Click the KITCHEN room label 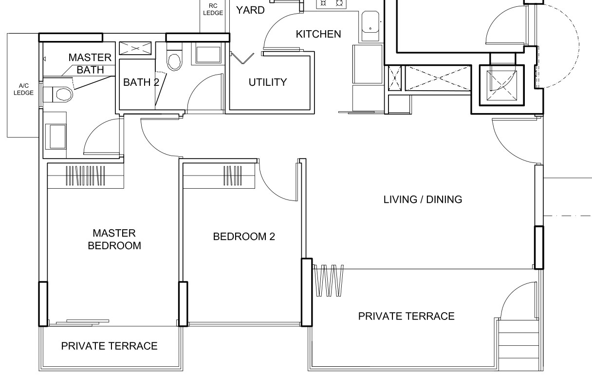318,34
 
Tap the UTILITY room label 268,82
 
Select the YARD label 250,10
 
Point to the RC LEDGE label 213,10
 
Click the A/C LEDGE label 23,89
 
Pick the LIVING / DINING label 423,199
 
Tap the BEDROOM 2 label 244,237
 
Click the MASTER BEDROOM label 114,239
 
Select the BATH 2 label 141,82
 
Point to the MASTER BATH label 90,63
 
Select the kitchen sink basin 370,26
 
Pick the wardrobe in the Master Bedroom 86,176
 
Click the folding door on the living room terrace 328,280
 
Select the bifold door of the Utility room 242,58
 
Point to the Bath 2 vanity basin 208,55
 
